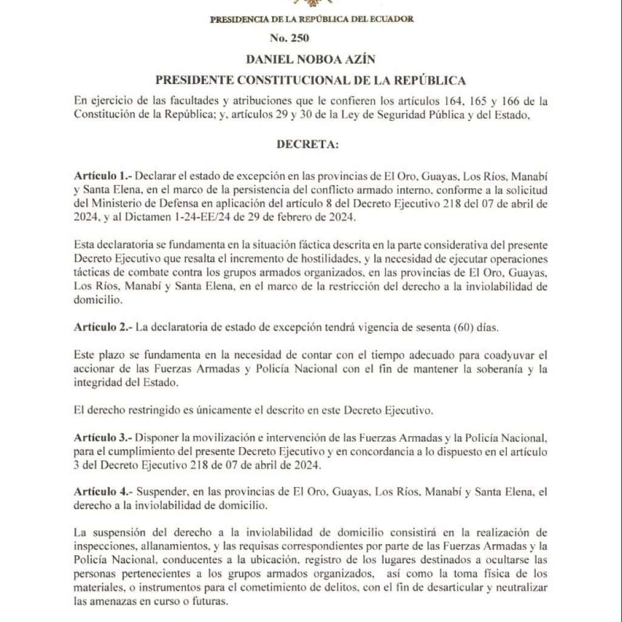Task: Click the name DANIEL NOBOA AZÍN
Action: point(310,60)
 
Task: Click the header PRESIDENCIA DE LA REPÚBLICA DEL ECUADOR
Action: point(311,19)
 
